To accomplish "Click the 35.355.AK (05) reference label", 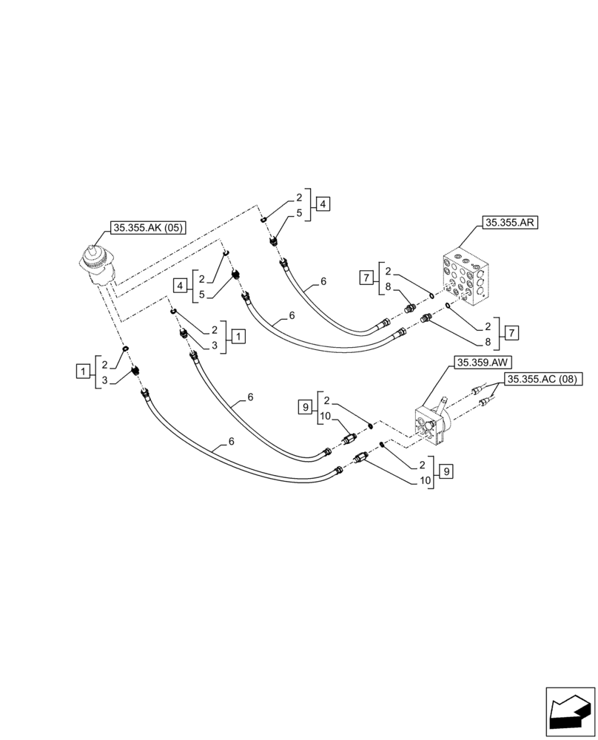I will coord(147,229).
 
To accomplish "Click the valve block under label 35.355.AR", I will coord(464,277).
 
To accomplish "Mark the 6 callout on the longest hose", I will coord(232,442).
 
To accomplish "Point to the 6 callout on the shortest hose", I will coord(323,282).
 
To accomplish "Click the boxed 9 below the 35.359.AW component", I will coord(444,471).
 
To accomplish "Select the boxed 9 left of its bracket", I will coord(303,406).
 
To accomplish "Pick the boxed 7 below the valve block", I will coord(512,332).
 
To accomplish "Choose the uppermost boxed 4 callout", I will coord(323,205).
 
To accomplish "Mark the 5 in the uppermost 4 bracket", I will coord(299,213).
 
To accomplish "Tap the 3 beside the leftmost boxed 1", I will coord(104,380).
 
